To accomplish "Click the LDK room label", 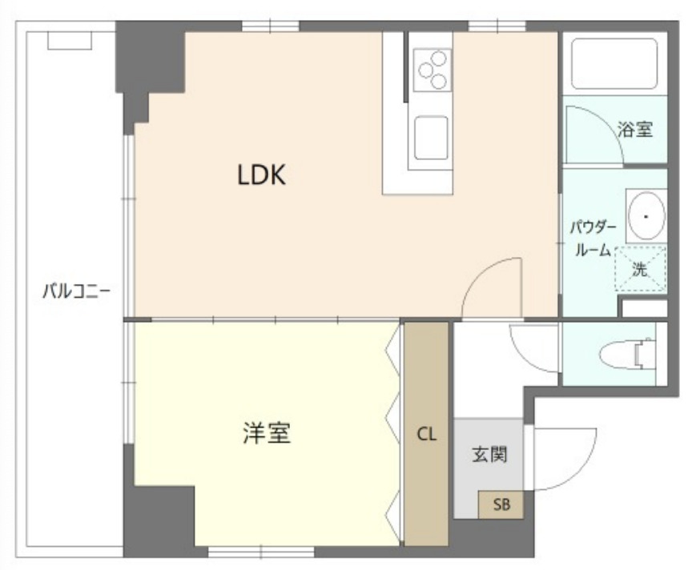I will click(x=261, y=175).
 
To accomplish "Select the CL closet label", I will click(x=426, y=435).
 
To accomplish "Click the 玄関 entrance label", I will click(x=488, y=454).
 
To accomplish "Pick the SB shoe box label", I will click(x=501, y=504).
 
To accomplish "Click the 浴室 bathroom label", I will click(x=636, y=129).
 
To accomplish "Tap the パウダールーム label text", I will click(x=593, y=238).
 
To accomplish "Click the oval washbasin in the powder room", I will click(x=646, y=215).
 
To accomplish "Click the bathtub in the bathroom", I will click(x=614, y=64).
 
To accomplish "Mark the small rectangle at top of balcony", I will click(x=70, y=40).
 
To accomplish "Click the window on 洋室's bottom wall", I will click(x=261, y=552).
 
